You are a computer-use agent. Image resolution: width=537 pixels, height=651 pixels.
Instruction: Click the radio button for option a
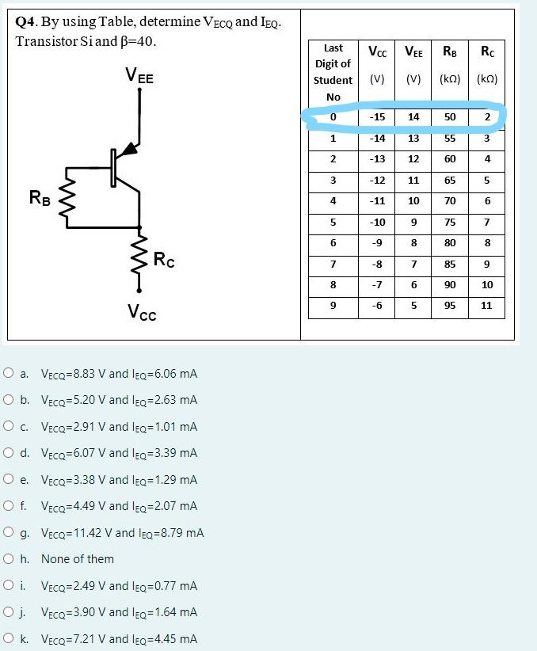tap(8, 373)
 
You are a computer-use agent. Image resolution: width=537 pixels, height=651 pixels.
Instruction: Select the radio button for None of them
tap(8, 559)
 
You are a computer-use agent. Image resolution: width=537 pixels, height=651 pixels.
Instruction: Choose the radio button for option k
tap(8, 639)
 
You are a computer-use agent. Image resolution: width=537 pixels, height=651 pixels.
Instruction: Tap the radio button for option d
tap(8, 453)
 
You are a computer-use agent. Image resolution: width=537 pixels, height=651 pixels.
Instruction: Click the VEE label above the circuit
tap(139, 77)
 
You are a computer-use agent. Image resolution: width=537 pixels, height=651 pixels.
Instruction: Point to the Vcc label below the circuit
tap(142, 314)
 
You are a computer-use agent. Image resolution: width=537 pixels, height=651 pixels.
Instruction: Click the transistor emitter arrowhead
tap(130, 150)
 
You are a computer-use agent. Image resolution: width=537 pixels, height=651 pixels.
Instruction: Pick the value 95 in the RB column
tap(450, 305)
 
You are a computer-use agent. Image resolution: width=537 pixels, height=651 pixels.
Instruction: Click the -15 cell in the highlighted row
tap(377, 117)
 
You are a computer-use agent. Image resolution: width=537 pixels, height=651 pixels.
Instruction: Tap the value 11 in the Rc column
tap(486, 305)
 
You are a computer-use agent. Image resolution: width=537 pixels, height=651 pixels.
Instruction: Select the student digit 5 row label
tap(333, 222)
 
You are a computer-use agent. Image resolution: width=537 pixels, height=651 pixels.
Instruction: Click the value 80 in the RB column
tap(450, 243)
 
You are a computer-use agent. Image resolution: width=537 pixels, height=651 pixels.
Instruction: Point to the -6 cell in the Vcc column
tap(377, 305)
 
